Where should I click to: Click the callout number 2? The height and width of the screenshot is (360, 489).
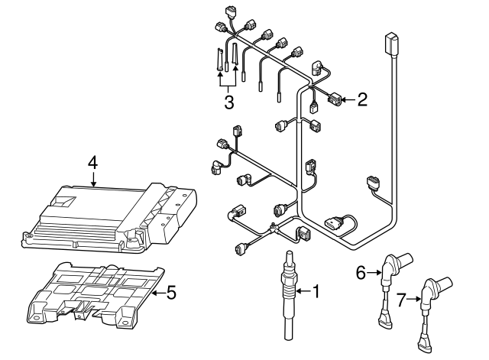tap(362, 99)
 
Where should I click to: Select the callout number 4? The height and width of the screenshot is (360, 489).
tap(93, 162)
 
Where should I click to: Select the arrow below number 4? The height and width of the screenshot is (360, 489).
tap(93, 180)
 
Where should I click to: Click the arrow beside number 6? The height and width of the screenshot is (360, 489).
tap(374, 270)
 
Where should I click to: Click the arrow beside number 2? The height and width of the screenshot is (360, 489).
tap(348, 99)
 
